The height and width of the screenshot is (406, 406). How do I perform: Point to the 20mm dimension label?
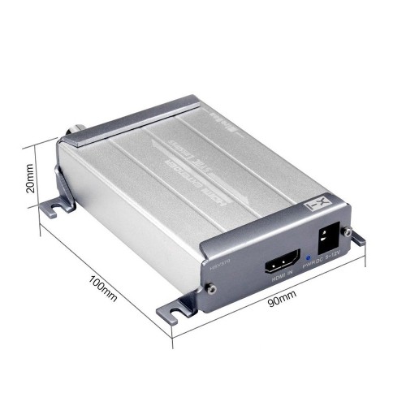point(30,178)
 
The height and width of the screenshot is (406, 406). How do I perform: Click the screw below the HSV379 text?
point(210,287)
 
